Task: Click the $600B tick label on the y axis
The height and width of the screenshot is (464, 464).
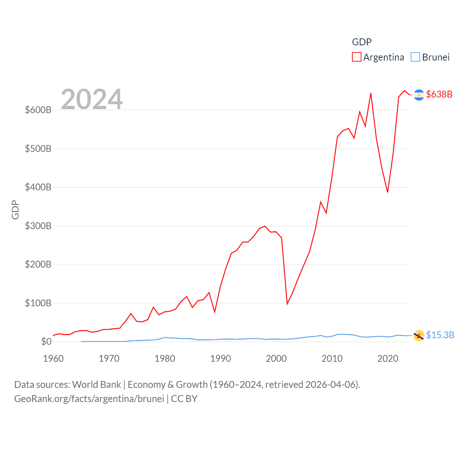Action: (x=38, y=110)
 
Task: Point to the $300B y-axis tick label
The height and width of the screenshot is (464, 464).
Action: (x=38, y=226)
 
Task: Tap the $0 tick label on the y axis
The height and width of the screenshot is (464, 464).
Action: (x=46, y=341)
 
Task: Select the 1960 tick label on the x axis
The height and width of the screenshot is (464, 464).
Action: (x=53, y=359)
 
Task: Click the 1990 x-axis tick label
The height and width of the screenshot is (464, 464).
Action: (x=220, y=359)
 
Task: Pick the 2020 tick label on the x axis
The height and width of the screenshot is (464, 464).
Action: (x=388, y=359)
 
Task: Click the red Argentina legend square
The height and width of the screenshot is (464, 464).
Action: (x=357, y=57)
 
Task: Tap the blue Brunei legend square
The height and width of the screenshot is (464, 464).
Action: (x=415, y=57)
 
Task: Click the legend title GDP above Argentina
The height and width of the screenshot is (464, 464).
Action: (x=362, y=42)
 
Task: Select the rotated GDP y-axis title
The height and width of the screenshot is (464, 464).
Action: (x=15, y=210)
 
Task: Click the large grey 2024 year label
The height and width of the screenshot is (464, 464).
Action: (x=92, y=99)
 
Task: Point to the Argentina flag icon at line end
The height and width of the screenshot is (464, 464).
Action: (x=419, y=95)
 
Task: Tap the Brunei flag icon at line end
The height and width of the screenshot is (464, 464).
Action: (x=419, y=336)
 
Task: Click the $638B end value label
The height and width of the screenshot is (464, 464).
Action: (x=439, y=94)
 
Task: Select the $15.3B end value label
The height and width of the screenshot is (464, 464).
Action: (x=440, y=335)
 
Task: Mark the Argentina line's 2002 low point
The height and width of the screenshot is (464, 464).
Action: (x=287, y=303)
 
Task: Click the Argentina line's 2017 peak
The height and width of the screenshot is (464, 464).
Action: (x=371, y=94)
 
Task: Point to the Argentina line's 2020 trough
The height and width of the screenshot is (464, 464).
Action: (x=388, y=192)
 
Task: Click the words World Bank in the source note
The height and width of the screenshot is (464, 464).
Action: (x=96, y=384)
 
